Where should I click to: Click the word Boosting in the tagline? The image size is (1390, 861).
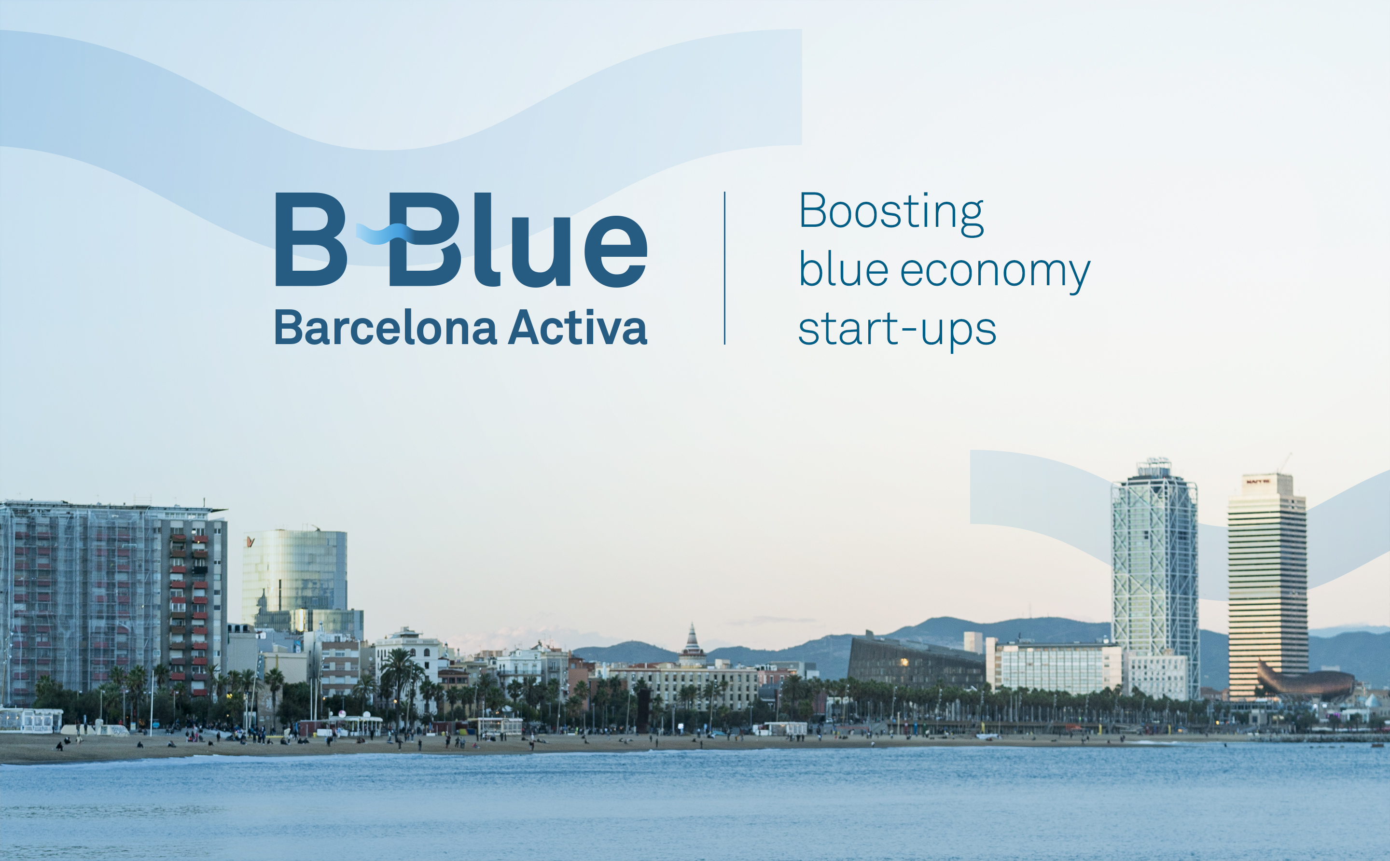pos(891,213)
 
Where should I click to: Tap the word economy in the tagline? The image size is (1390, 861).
pos(995,273)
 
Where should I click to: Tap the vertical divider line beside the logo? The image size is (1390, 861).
pos(724,268)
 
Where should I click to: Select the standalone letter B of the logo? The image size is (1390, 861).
pos(311,239)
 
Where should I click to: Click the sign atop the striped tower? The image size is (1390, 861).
pos(1258,481)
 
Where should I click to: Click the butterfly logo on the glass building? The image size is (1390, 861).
pos(250,541)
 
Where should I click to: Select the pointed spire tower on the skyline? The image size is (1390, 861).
pos(693,643)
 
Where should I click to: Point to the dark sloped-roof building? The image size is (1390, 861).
pos(916,661)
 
